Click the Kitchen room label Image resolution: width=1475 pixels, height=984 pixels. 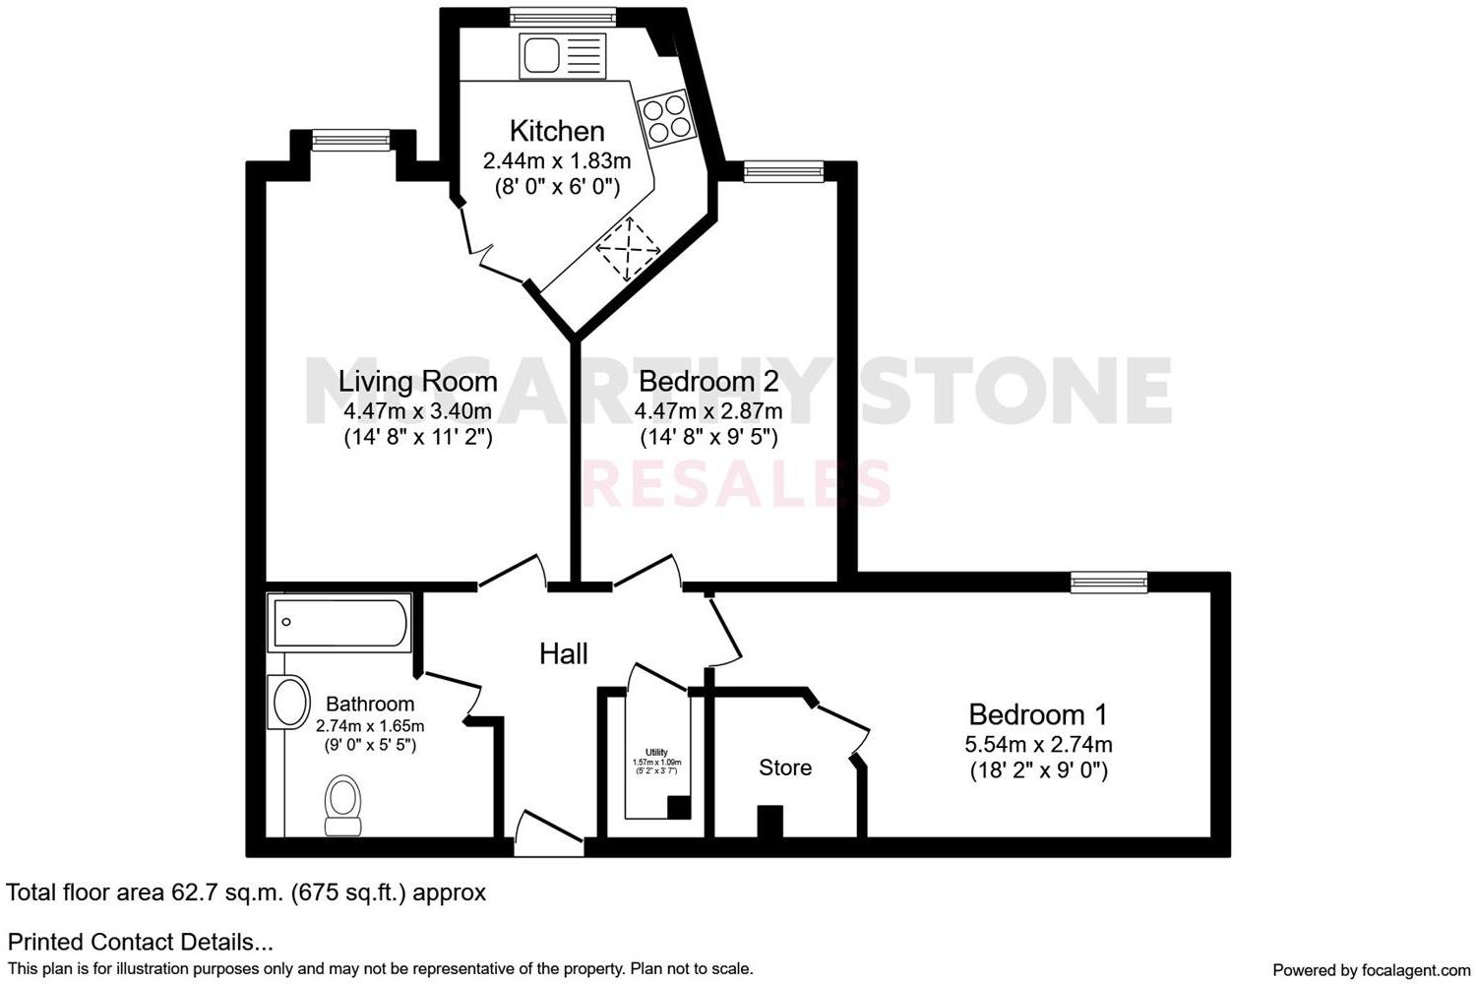coord(556,131)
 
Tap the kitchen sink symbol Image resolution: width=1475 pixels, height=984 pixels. coord(561,55)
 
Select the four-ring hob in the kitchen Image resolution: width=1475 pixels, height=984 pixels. coord(664,117)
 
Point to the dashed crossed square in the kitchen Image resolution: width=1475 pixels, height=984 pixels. coord(628,250)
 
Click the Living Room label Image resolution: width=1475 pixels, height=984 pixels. coord(417,381)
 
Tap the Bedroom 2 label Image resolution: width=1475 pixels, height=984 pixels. coord(708,381)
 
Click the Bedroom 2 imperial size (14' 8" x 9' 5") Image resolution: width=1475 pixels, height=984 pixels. coord(708,437)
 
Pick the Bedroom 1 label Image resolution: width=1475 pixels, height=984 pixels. coord(1038,714)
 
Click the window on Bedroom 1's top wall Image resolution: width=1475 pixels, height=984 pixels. coord(1109,583)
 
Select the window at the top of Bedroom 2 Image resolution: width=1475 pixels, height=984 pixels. coord(783,172)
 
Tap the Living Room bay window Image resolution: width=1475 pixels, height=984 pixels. coord(353,140)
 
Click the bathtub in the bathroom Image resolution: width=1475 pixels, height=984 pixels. coord(339,622)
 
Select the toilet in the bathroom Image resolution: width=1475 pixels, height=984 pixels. coord(343,804)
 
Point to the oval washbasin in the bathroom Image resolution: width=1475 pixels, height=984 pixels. coord(289,703)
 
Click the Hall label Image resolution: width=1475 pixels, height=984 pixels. coord(564,653)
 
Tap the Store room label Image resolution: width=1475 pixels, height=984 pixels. coord(785,768)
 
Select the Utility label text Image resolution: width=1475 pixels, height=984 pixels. coord(656,752)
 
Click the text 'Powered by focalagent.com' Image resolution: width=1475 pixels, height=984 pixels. coord(1371,970)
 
